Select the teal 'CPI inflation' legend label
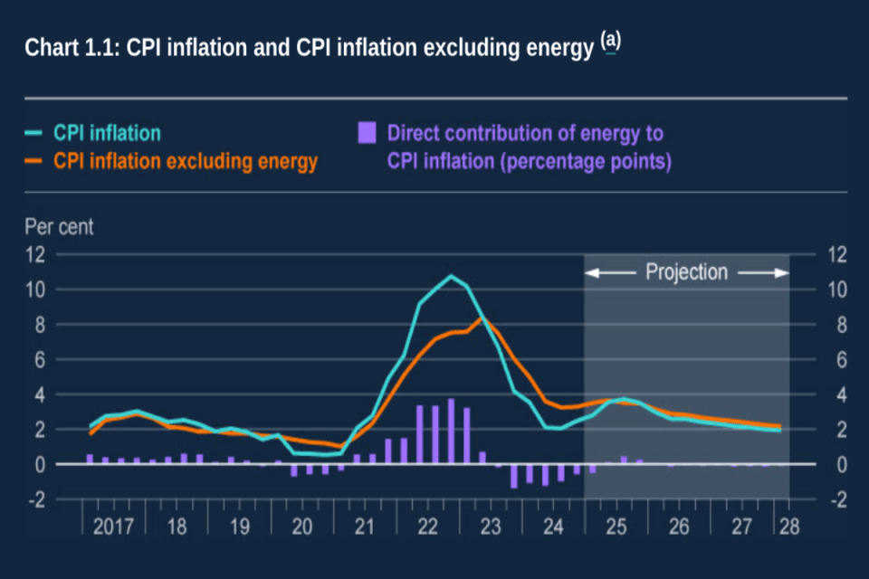107,134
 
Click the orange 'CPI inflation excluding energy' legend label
186,162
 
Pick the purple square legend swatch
367,134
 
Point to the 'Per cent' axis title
59,226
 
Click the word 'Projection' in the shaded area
686,272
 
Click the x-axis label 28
789,526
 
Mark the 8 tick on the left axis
39,325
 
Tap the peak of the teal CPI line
451,276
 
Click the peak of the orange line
483,318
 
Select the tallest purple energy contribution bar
451,431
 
